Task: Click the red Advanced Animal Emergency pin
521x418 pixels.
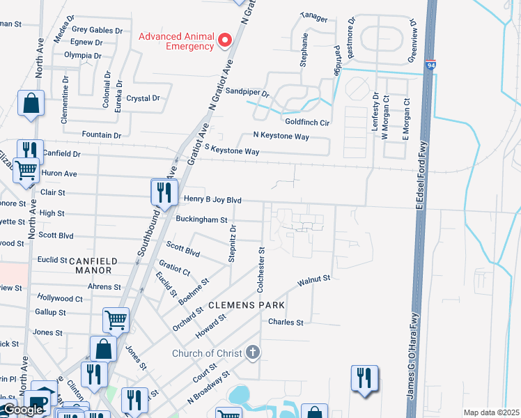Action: point(224,40)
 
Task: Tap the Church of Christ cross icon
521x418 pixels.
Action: point(253,353)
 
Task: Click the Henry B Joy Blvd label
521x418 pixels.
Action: point(212,199)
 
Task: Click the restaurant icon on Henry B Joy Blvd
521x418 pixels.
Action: point(162,192)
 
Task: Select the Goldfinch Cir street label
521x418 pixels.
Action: point(306,122)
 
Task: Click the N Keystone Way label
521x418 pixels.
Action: point(281,137)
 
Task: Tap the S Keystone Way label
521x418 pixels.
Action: point(232,150)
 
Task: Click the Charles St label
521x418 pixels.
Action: point(286,323)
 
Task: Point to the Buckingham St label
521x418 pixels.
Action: point(201,219)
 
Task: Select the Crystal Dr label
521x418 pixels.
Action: point(143,98)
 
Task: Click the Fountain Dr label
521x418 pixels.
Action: point(102,134)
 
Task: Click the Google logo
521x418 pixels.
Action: point(22,410)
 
